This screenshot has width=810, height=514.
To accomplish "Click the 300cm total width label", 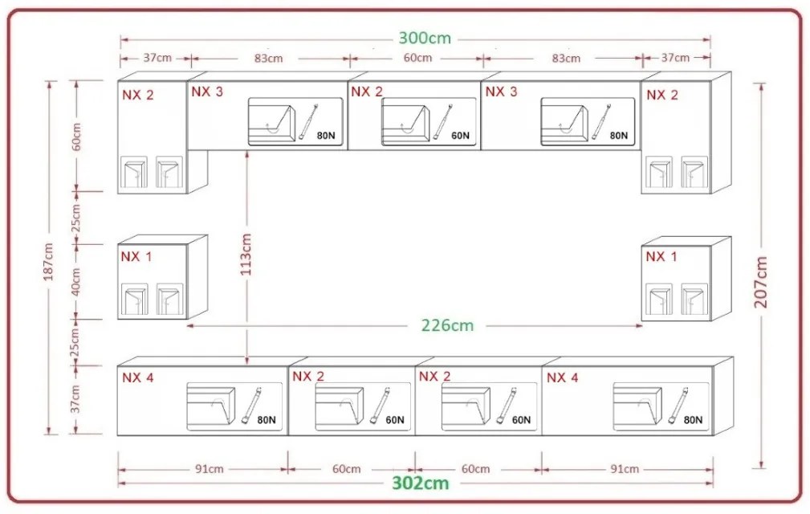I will click(425, 38).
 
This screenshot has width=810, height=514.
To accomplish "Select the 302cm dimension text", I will click(420, 483).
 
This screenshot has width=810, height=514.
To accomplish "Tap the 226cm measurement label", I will click(447, 325).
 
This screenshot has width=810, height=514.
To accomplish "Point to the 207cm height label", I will click(761, 281).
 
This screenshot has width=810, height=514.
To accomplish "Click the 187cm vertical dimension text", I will click(48, 263).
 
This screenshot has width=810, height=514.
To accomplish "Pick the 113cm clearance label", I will click(246, 255).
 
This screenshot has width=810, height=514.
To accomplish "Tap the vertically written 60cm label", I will click(76, 137).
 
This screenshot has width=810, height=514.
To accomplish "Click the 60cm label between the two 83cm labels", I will click(417, 58).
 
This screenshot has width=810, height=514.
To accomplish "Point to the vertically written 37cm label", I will click(76, 398).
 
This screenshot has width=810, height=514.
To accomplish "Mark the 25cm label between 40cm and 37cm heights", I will click(76, 342).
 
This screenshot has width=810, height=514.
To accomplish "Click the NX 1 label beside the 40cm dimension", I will click(136, 256).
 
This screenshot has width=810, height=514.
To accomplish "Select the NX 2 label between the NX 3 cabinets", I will click(366, 92).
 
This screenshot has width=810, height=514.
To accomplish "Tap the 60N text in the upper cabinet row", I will click(460, 136).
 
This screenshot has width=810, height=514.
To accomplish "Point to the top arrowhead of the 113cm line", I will click(247, 153).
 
